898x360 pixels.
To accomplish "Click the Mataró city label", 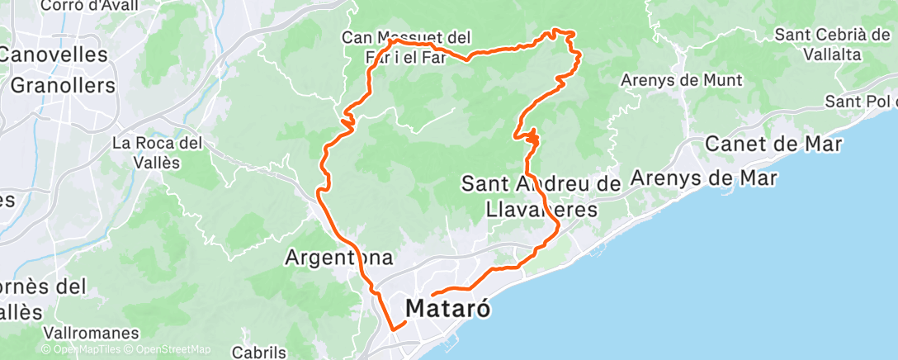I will click(449, 310).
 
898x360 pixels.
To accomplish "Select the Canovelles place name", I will click(54, 55).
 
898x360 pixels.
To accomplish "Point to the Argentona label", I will click(338, 257).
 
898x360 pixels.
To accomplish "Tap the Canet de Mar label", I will click(773, 144).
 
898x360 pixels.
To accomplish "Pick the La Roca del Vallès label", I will click(158, 152).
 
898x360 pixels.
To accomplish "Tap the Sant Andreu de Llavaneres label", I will click(541, 197).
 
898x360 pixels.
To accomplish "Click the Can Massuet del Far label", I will click(406, 48).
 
